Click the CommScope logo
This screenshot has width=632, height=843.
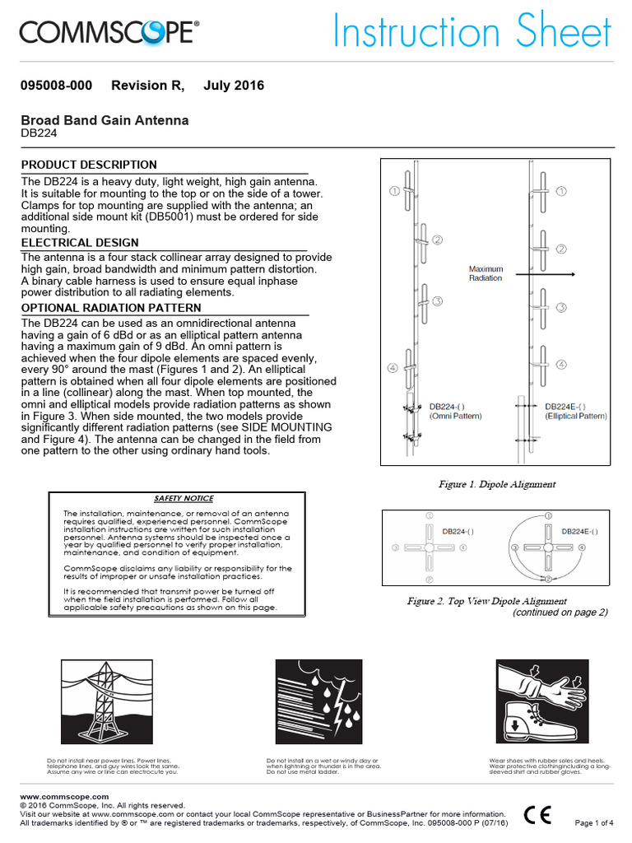[109, 33]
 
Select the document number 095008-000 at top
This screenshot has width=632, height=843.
[56, 86]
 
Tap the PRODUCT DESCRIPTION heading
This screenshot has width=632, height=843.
[89, 165]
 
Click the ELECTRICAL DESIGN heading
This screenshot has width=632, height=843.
[80, 243]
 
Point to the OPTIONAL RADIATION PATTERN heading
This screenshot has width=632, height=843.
[111, 308]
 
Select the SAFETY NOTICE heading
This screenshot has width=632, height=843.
[184, 498]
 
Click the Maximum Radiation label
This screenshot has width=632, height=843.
[486, 273]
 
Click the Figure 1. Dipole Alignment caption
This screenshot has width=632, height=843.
[497, 484]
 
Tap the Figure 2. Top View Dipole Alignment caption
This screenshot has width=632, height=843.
[487, 601]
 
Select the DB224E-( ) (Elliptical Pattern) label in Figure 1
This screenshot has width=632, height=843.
[575, 412]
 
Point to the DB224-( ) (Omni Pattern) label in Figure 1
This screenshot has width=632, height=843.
[455, 412]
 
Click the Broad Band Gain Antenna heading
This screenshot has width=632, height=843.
[105, 120]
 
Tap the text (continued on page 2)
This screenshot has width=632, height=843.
[560, 612]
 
